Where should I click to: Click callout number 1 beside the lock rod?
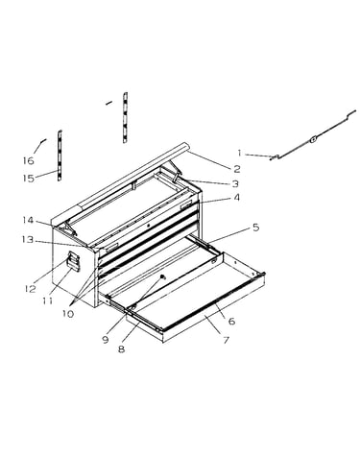coord(239,153)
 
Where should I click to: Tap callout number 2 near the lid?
coord(237,168)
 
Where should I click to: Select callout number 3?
coord(235,183)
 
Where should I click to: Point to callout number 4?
coord(236,198)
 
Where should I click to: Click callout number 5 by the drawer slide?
coord(255,228)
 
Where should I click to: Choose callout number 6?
coord(232,321)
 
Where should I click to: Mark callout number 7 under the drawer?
coord(227,340)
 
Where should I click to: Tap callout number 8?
coord(121,348)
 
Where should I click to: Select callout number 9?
coord(106,339)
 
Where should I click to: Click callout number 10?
coord(68,314)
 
